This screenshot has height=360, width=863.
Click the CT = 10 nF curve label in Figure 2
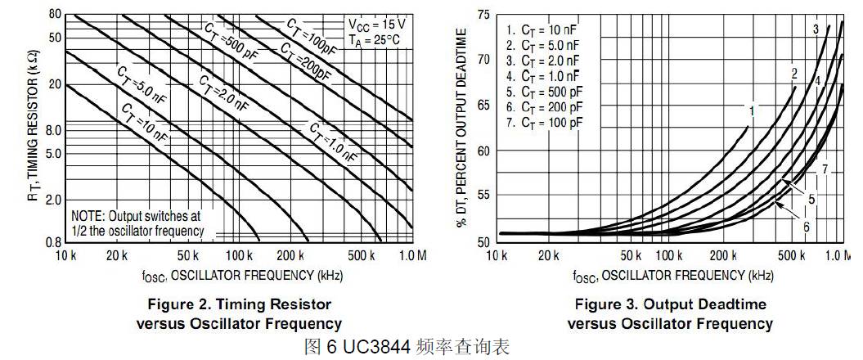144,122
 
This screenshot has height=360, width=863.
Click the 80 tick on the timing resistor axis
55,14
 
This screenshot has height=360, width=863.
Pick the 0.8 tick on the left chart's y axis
53,242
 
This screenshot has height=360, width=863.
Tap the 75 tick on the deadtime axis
483,14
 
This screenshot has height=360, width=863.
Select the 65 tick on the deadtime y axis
483,105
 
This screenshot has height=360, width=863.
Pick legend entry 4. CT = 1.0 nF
543,75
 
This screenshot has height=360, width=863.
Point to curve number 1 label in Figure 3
751,108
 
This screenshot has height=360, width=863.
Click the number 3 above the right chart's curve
816,29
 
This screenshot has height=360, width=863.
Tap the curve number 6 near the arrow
806,226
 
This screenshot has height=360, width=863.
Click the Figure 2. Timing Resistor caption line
240,305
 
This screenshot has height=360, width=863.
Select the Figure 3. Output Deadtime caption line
670,305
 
